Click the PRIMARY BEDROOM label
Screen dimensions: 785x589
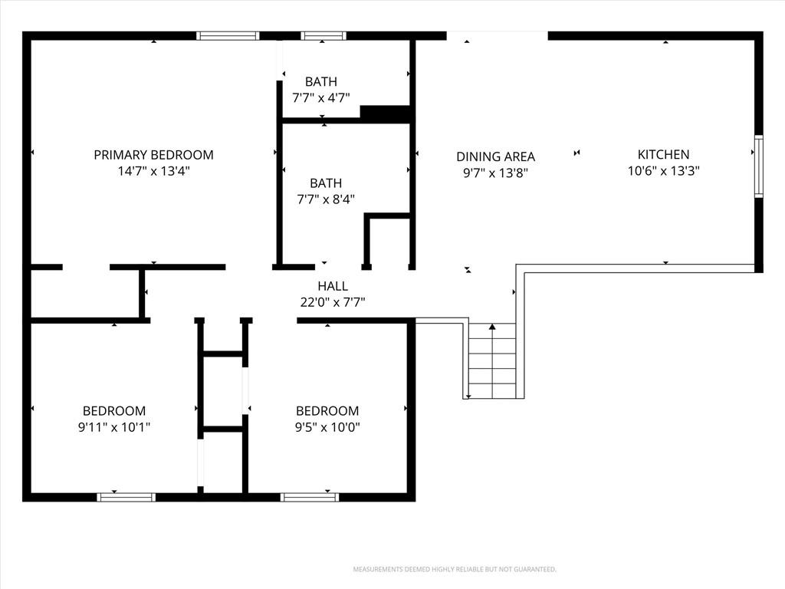[x=153, y=155]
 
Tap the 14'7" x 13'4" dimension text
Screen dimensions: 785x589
[x=153, y=171]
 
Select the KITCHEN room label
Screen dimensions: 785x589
[x=663, y=154]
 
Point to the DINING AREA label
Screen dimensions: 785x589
[x=496, y=156]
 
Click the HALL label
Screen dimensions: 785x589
[x=333, y=286]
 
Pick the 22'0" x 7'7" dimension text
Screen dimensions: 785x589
[x=333, y=302]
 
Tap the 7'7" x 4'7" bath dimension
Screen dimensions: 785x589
[x=321, y=97]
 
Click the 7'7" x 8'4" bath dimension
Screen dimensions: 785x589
[x=326, y=199]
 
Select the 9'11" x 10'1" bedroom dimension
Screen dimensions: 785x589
[x=114, y=427]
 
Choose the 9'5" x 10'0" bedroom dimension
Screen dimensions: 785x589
[x=327, y=427]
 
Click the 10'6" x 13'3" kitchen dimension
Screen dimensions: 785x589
[x=663, y=171]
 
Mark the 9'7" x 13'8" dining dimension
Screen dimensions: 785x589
[x=496, y=173]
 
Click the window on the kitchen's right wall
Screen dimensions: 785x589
[x=759, y=166]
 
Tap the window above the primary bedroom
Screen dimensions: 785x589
[x=228, y=35]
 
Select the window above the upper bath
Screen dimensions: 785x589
[x=324, y=35]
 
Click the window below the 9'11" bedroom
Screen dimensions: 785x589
[x=126, y=497]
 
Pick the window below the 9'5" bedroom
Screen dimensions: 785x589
[x=310, y=497]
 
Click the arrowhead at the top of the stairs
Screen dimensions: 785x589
[x=492, y=327]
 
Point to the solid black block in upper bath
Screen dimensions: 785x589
[x=386, y=114]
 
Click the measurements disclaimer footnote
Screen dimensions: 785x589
[x=455, y=570]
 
